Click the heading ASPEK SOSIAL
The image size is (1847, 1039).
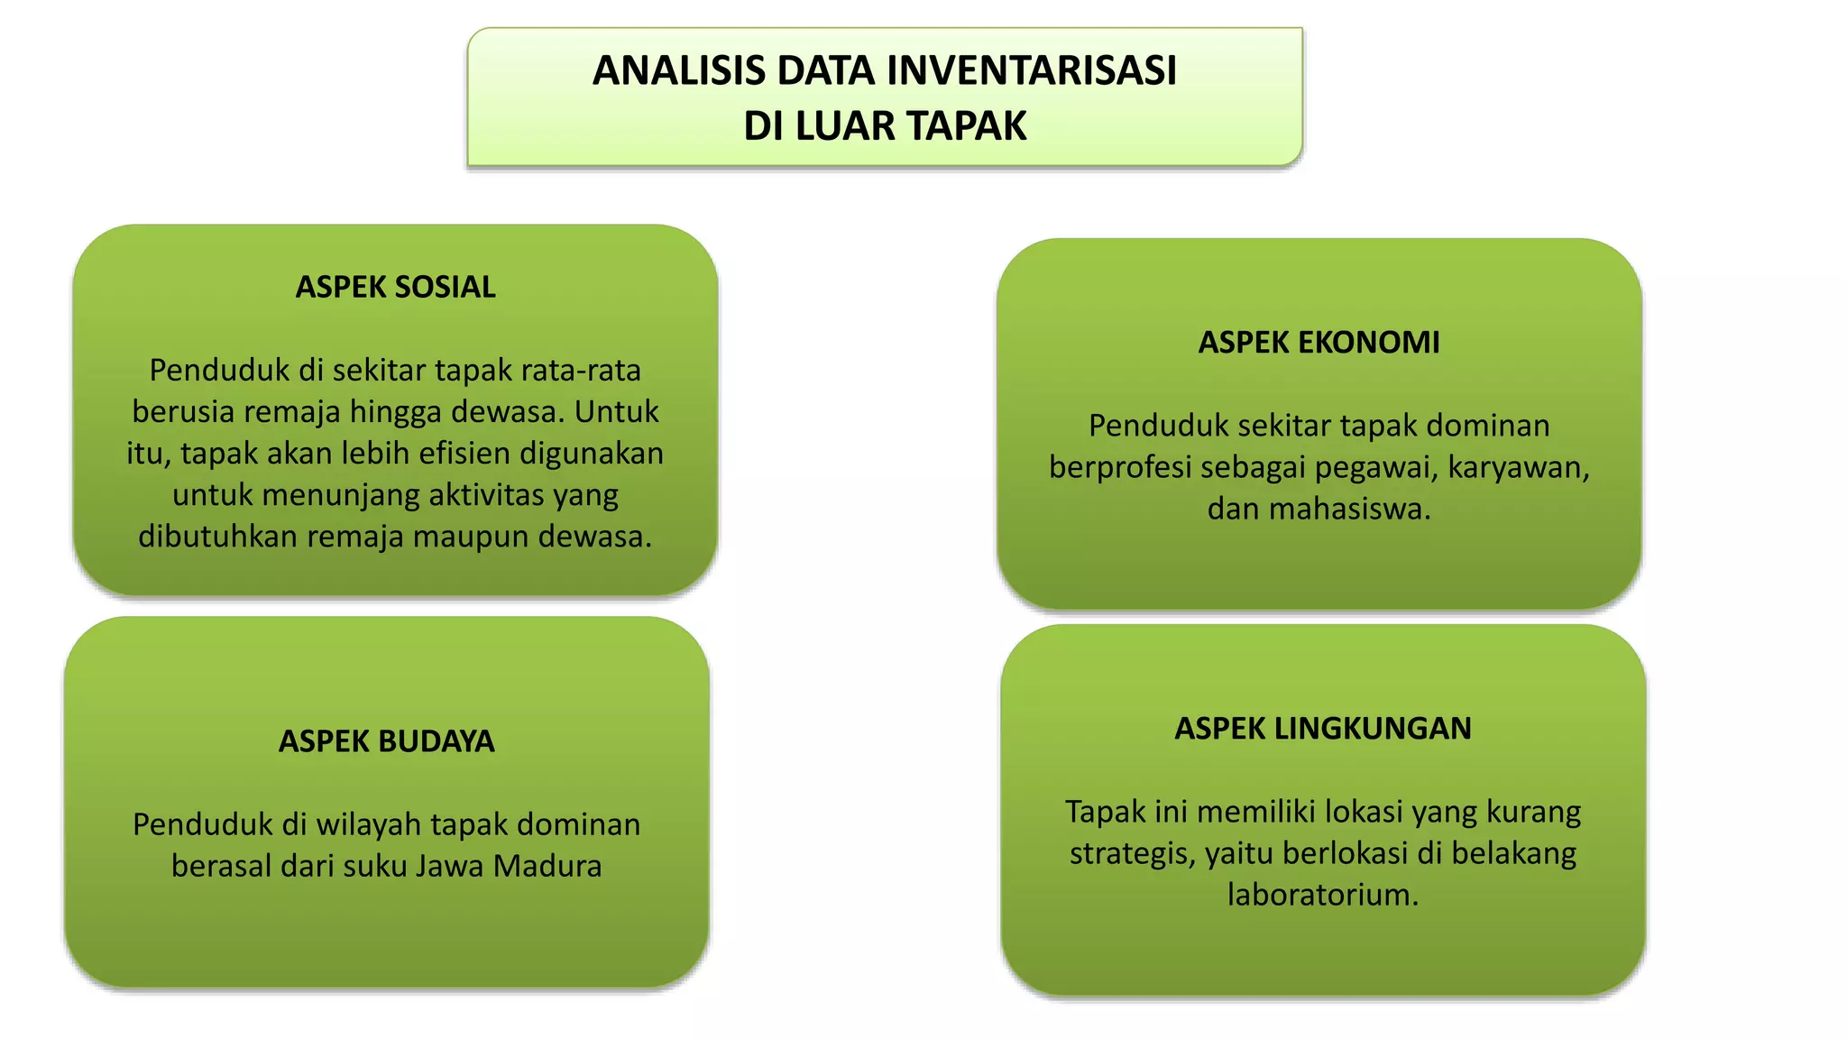pos(395,287)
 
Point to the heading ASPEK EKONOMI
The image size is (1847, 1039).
pos(1319,343)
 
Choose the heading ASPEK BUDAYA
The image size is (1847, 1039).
pos(386,741)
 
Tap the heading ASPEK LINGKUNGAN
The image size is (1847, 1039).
pos(1322,729)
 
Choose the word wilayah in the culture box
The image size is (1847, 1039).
pos(369,825)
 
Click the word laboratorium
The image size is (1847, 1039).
pos(1322,896)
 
